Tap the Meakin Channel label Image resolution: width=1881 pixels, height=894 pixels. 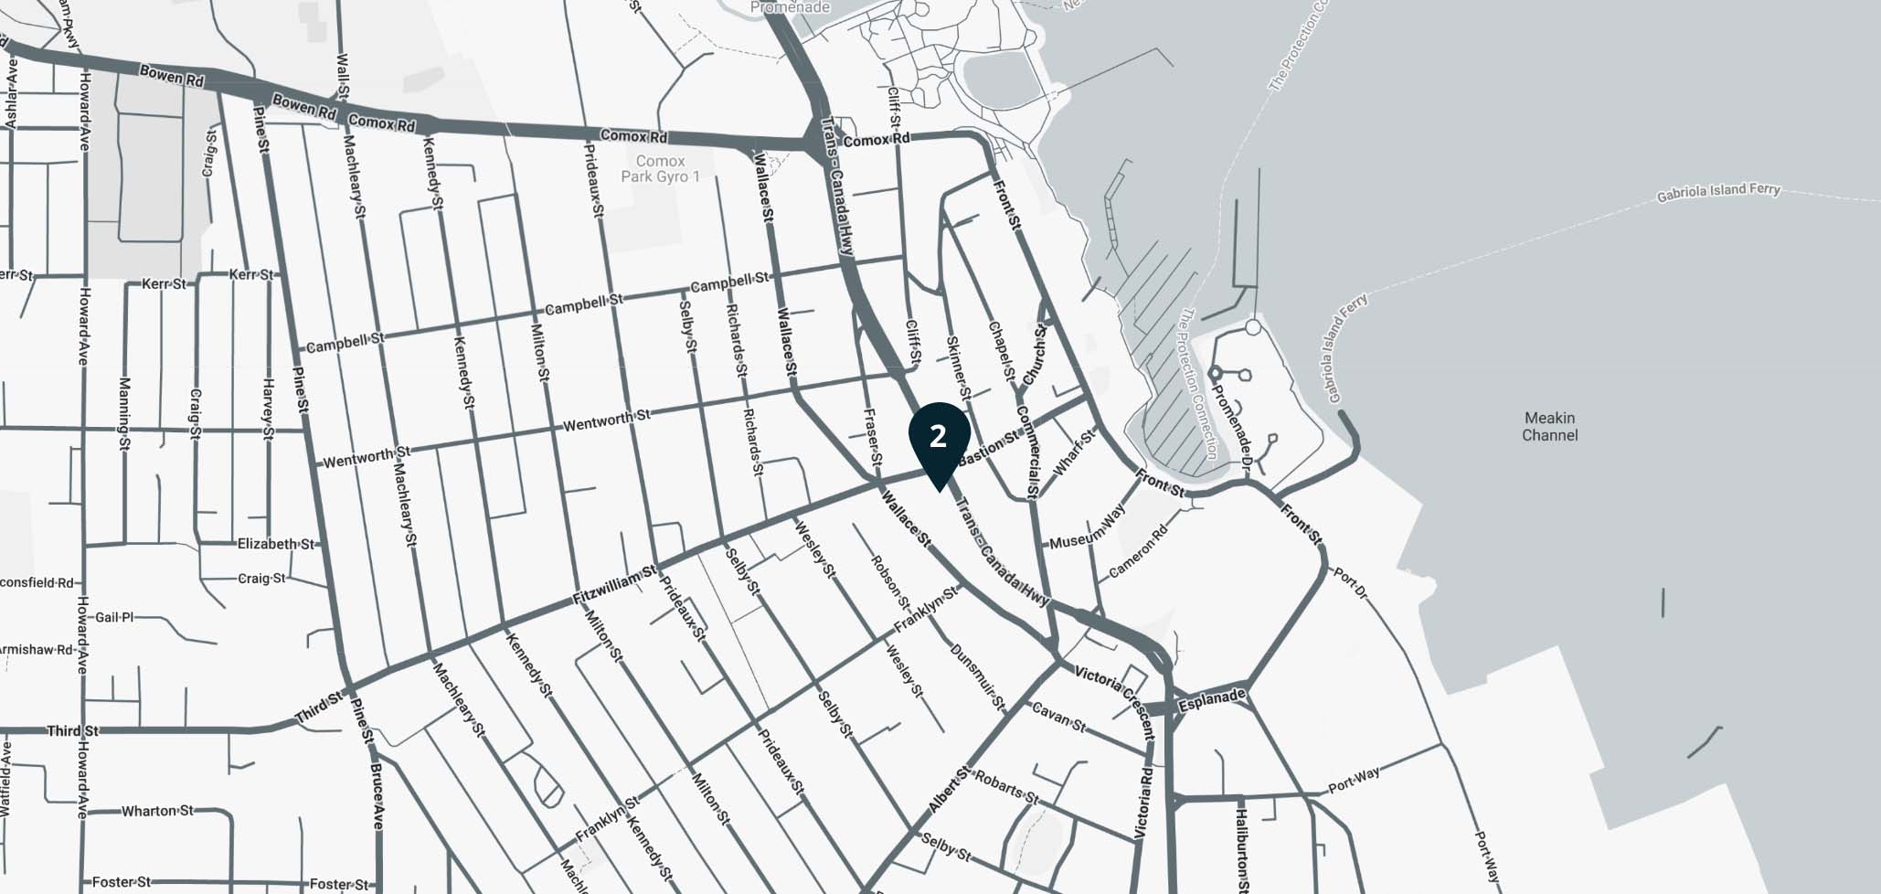coord(1549,426)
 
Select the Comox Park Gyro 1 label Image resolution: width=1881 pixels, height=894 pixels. coord(660,169)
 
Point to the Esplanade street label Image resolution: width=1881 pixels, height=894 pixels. coord(1211,701)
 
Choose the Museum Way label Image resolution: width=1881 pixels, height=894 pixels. coord(1087,529)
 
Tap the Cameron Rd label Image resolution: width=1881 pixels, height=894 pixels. coord(1138,551)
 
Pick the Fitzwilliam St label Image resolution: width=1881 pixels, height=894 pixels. coord(614,586)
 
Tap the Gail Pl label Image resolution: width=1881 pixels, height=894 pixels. coord(114,618)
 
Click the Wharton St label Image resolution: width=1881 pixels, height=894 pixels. coord(157,811)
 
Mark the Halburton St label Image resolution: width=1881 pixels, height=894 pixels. coord(1241,848)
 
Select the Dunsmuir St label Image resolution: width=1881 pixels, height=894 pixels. coord(977,677)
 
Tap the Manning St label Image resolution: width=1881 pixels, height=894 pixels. coord(124,414)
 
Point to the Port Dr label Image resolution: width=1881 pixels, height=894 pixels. coord(1349,584)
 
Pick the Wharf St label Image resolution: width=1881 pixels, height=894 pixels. coord(1073,452)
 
